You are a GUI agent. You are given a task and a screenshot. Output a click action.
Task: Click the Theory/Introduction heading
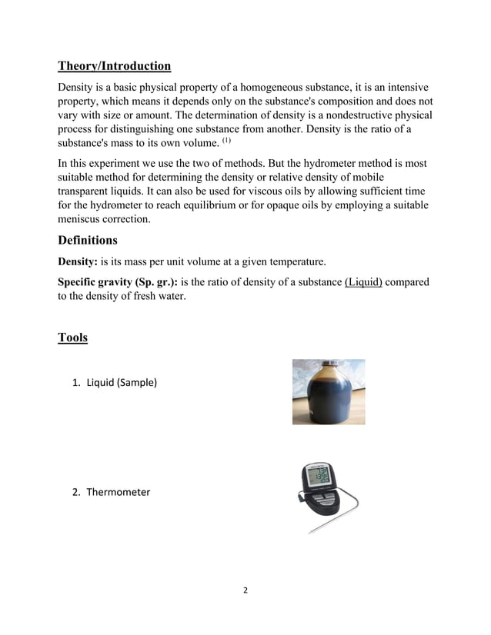click(114, 65)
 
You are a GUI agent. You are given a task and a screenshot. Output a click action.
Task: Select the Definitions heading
click(87, 241)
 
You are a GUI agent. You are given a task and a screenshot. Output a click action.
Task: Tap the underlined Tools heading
click(72, 337)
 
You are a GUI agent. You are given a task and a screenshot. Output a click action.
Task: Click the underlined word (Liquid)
click(364, 282)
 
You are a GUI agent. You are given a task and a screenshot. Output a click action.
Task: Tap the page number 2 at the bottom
click(245, 590)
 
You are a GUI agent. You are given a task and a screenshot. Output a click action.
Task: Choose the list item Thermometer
click(118, 491)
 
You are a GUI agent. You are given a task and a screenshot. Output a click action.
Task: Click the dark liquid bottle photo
click(329, 392)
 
